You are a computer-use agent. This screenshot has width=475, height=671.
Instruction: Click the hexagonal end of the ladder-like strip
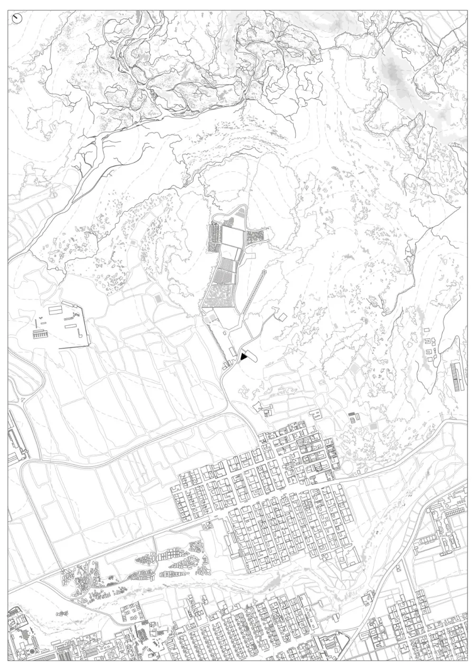(264, 272)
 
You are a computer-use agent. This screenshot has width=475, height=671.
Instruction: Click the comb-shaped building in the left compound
(40, 335)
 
